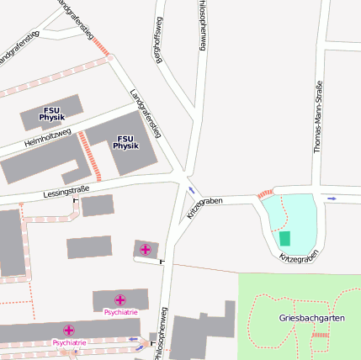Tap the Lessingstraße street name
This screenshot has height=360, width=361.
[66, 193]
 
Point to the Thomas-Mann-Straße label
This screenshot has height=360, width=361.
[317, 117]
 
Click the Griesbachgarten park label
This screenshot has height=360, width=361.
[312, 318]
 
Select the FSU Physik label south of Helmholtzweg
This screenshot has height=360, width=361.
[125, 142]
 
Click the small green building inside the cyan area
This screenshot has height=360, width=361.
[285, 238]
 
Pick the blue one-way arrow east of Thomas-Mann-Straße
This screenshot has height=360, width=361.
[332, 199]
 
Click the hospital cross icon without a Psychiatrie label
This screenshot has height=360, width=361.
[146, 249]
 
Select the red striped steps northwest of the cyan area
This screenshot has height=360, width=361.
[264, 193]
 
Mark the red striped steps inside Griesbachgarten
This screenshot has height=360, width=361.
[320, 336]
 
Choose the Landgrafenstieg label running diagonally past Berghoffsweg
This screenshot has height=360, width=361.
[146, 113]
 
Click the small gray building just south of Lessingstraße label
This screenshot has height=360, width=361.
[98, 205]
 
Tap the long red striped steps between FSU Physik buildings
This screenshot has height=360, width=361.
[88, 155]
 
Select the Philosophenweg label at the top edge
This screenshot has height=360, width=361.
[202, 25]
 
